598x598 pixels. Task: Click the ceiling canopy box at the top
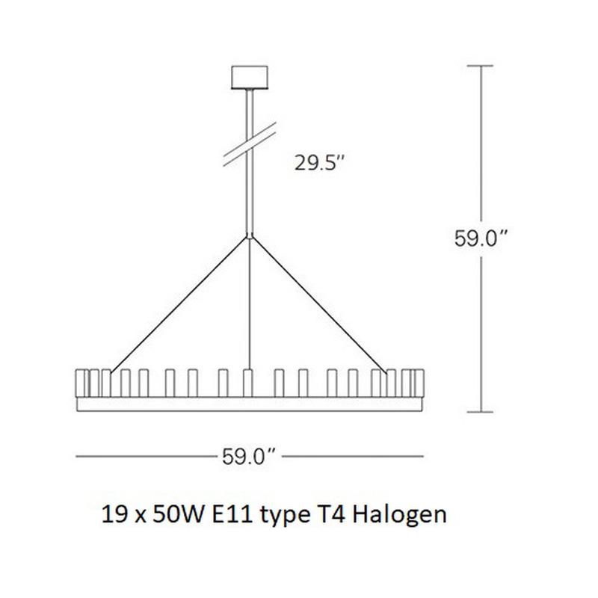(x=250, y=78)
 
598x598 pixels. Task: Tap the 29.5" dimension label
(x=320, y=163)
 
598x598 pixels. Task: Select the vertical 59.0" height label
(x=481, y=238)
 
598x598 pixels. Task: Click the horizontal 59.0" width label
(x=249, y=456)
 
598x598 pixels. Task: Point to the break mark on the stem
(x=250, y=144)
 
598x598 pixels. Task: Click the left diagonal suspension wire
(x=179, y=304)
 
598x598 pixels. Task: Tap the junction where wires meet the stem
(x=250, y=236)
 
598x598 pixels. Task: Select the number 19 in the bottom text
(x=114, y=514)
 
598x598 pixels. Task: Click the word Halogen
(x=399, y=516)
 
